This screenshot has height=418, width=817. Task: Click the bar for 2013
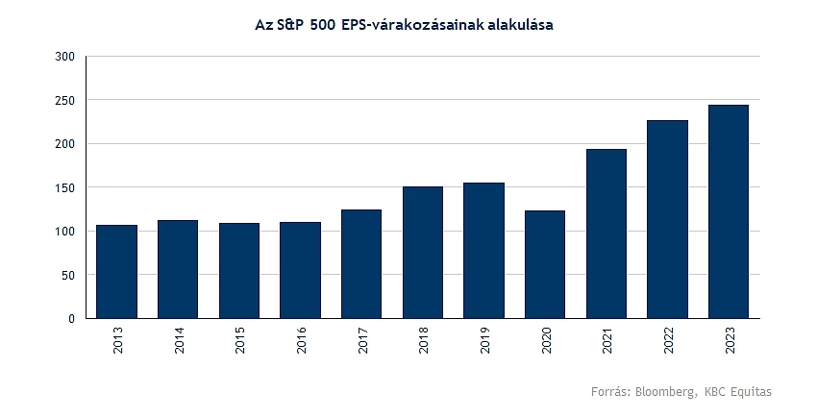pos(116,271)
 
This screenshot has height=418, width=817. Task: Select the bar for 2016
pos(300,269)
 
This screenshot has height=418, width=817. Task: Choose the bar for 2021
pos(607,233)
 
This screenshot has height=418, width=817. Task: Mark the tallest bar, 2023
pos(729,211)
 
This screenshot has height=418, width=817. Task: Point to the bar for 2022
pos(667,219)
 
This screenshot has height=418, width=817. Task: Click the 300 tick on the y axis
pos(65,57)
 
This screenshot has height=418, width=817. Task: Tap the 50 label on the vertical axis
pos(68,275)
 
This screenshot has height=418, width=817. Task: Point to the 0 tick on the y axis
pos(72,318)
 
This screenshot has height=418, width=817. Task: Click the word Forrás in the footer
pos(608,392)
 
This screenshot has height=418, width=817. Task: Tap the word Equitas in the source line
pos(752,392)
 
